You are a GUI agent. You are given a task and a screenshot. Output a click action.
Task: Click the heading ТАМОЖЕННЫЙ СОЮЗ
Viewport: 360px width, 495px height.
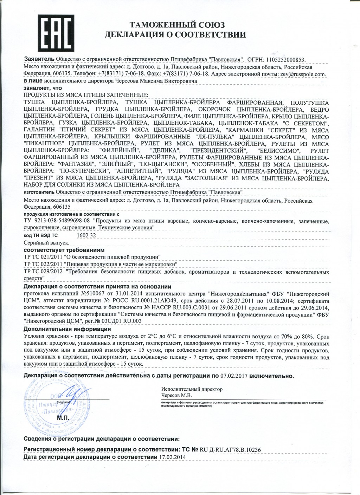click(x=177, y=25)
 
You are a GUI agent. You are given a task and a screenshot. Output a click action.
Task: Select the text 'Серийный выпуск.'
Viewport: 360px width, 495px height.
click(x=46, y=243)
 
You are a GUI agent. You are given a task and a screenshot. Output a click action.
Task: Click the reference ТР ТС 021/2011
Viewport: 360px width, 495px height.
click(x=43, y=257)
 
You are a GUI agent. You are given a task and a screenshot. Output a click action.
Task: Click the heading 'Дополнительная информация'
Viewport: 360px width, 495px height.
click(x=67, y=329)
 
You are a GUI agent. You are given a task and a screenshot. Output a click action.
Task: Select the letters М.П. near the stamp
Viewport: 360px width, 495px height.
click(x=63, y=418)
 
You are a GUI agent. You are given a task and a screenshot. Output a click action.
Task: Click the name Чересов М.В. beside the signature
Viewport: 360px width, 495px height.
click(x=177, y=395)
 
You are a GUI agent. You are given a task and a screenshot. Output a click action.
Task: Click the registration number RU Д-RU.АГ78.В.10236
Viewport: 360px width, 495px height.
click(x=230, y=450)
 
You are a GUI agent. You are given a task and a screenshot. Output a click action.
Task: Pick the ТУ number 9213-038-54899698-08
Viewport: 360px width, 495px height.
click(x=62, y=221)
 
